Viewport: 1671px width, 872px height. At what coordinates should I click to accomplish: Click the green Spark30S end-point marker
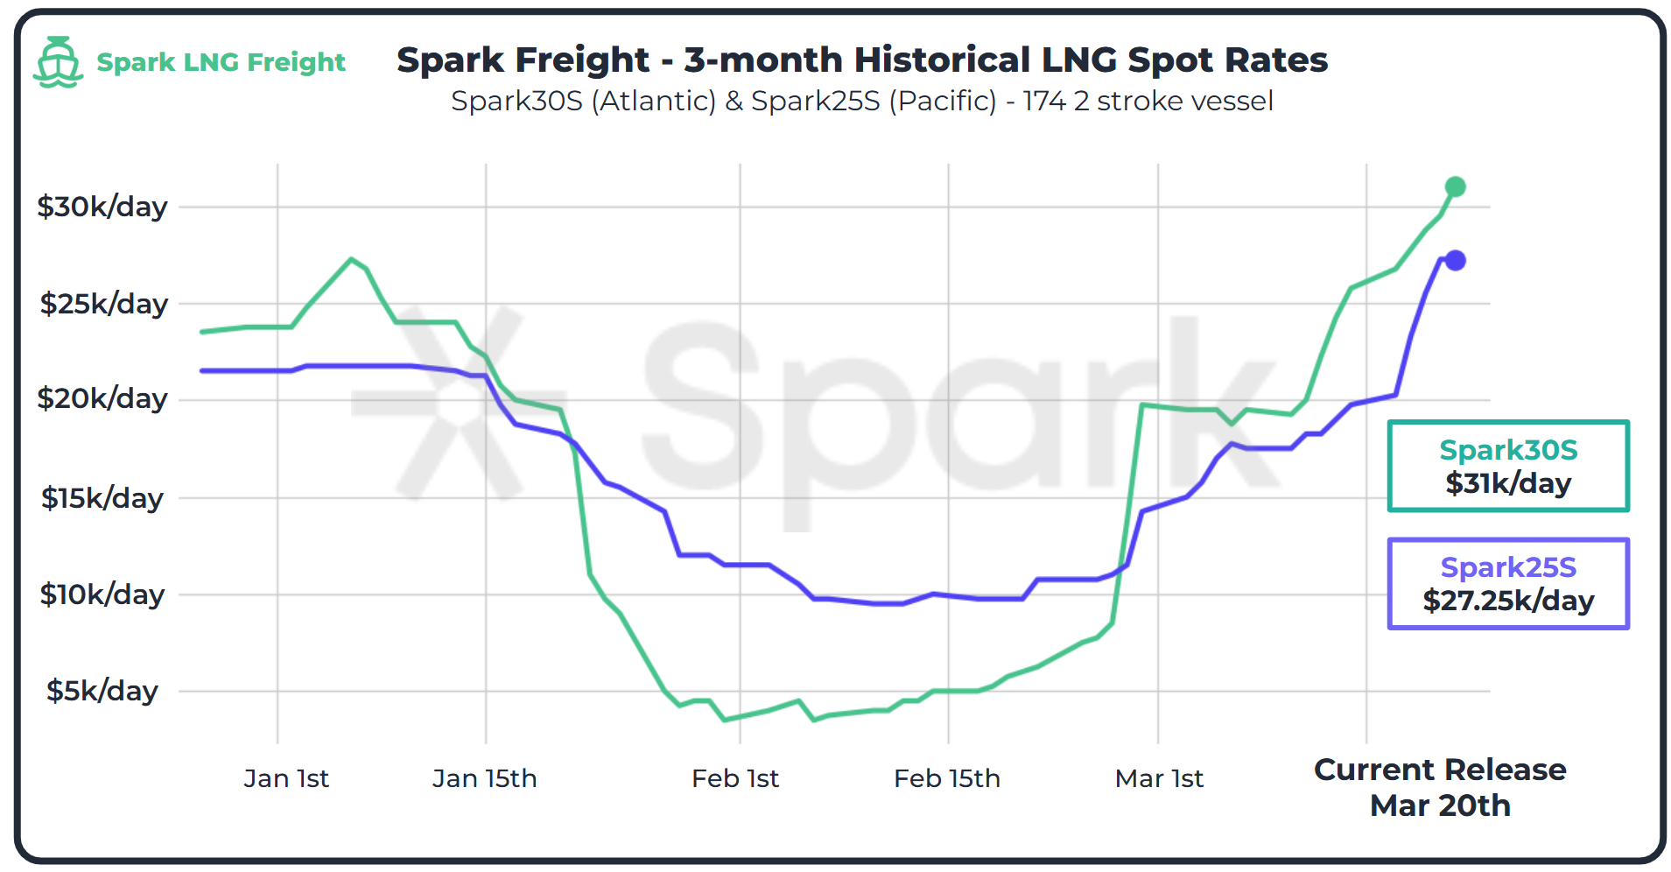click(x=1455, y=186)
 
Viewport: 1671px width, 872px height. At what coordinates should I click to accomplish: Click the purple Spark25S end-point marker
click(x=1455, y=260)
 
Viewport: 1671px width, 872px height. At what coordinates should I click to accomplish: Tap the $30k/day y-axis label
click(x=102, y=207)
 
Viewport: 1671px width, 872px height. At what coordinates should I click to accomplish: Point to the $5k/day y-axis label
click(x=102, y=691)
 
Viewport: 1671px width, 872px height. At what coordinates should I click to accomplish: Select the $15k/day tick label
click(x=102, y=498)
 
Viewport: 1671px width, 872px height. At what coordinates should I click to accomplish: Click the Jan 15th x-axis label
click(x=484, y=778)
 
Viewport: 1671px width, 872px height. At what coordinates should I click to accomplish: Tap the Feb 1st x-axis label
click(x=734, y=778)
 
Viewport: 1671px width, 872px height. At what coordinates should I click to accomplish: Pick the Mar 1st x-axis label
click(x=1158, y=778)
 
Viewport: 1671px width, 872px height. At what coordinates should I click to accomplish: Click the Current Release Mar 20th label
click(x=1440, y=787)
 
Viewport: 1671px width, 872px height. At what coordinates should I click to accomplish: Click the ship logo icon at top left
click(x=58, y=61)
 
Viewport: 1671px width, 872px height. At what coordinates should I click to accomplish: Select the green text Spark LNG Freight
click(x=221, y=62)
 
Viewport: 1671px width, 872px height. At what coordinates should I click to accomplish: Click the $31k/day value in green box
click(x=1507, y=483)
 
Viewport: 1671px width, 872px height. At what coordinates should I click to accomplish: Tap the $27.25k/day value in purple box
click(x=1507, y=601)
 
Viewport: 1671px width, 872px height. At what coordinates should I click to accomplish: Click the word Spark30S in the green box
click(x=1507, y=450)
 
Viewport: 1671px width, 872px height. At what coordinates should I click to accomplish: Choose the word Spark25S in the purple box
click(x=1507, y=567)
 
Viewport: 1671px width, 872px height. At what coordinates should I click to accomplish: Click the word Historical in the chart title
click(x=941, y=60)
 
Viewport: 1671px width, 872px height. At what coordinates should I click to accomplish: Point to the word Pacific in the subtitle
click(x=943, y=102)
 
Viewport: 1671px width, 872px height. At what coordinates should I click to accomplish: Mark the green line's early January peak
click(x=351, y=258)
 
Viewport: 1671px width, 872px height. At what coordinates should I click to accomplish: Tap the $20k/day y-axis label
click(x=102, y=398)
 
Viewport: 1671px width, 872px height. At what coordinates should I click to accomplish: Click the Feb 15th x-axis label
click(x=946, y=778)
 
